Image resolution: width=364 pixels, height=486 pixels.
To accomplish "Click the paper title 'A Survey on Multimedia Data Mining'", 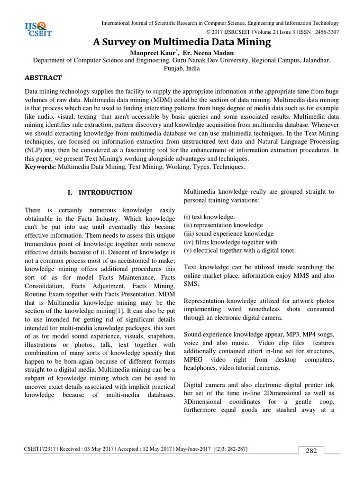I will (x=182, y=42).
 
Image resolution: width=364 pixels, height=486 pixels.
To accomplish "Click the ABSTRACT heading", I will (x=43, y=77).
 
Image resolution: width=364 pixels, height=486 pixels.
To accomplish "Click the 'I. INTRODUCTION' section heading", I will (x=100, y=193).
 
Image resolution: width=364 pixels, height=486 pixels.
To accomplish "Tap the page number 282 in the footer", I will (x=311, y=451).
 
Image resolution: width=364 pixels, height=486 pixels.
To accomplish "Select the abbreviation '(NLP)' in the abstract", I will (x=35, y=150).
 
